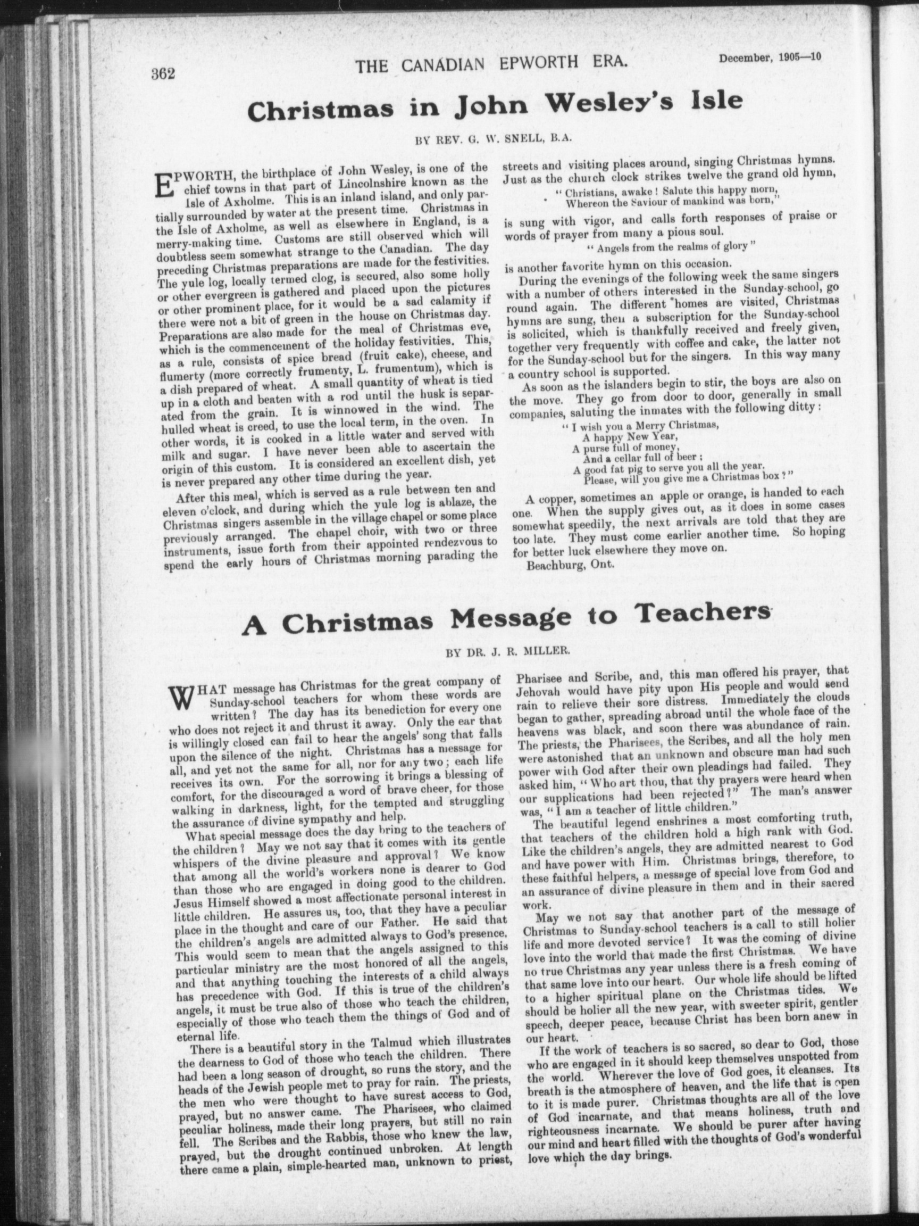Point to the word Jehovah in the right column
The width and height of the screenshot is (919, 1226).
point(540,692)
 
